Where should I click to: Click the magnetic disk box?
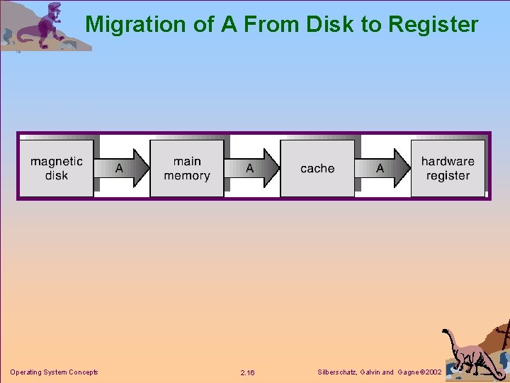point(57,168)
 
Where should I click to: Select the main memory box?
point(187,168)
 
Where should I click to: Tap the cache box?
point(317,168)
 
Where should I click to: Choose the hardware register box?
point(448,168)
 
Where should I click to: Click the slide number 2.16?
point(247,372)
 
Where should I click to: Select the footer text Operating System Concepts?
point(54,372)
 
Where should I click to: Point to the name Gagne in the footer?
point(409,372)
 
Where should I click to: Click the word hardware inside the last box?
point(448,161)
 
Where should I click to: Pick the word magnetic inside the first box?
point(57,161)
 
